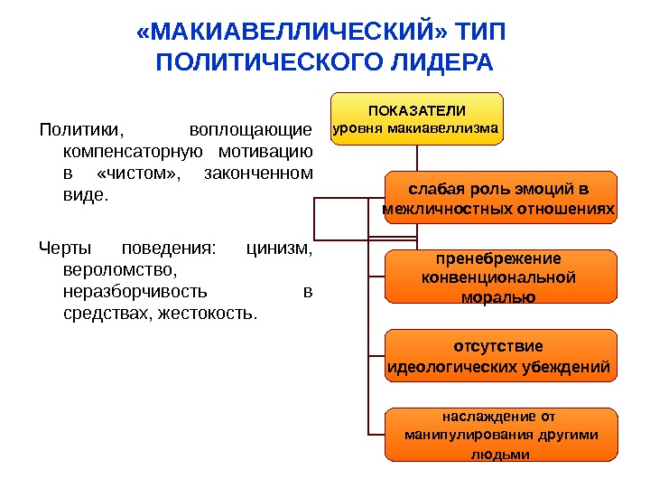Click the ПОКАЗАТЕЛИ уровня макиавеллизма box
pos(417,118)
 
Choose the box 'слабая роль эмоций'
pos(499,200)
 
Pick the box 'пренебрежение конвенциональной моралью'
pos(499,277)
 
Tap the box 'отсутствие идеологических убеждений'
pos(499,357)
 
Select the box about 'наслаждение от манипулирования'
pos(499,436)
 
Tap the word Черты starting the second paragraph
pos(65,249)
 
